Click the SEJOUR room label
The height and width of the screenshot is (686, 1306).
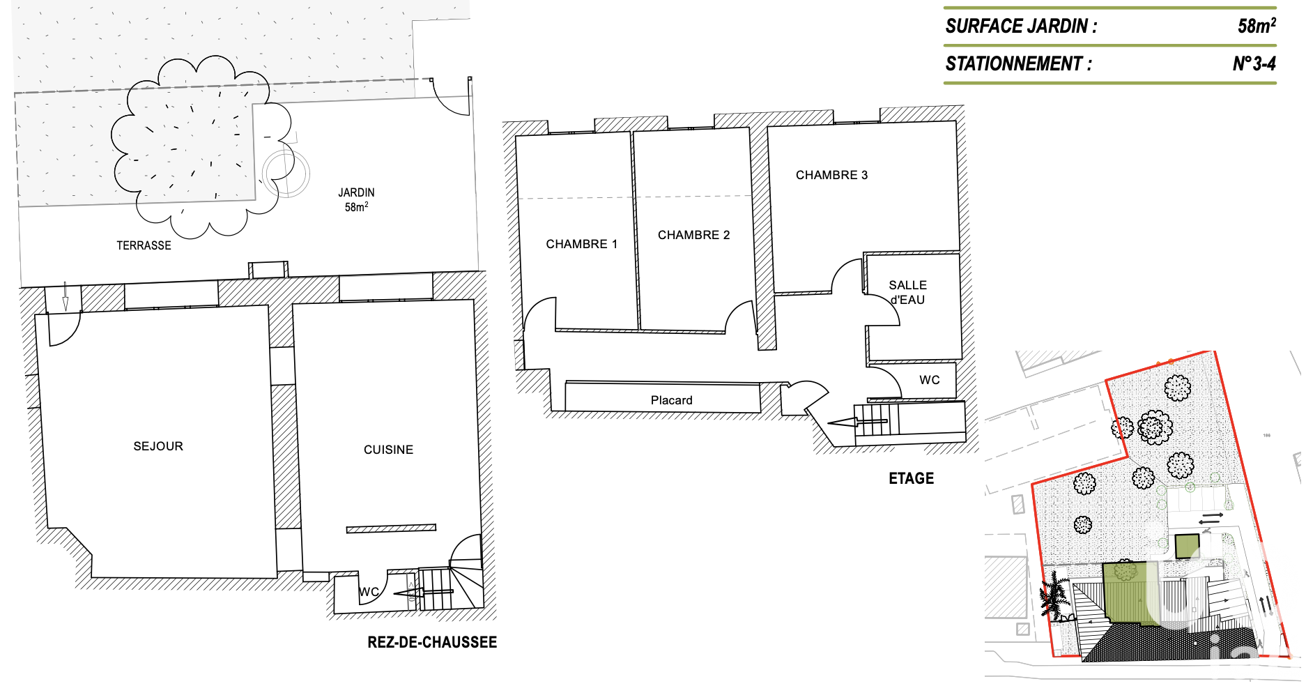[158, 446]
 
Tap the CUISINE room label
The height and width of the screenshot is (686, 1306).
[388, 450]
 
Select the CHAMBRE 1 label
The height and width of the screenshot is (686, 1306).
[581, 244]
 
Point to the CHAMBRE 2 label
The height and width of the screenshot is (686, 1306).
[693, 235]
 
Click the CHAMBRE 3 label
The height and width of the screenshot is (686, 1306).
[831, 175]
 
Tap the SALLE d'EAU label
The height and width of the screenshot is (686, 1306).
[907, 293]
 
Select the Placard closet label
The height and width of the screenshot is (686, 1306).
[671, 400]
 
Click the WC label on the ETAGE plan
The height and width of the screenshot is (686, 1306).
[930, 380]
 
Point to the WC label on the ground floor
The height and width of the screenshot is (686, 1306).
[369, 592]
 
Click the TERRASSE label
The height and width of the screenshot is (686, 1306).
[144, 245]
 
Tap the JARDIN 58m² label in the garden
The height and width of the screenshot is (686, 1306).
[356, 199]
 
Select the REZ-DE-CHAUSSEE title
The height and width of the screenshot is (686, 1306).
[432, 642]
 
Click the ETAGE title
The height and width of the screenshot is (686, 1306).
[911, 478]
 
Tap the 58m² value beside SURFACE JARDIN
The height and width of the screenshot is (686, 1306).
[1257, 26]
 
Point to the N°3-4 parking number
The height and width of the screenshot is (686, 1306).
[1254, 64]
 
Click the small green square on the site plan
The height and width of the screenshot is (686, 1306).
[1188, 547]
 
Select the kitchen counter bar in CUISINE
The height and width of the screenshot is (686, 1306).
[391, 528]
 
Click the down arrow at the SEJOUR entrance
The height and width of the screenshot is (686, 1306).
[66, 296]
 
